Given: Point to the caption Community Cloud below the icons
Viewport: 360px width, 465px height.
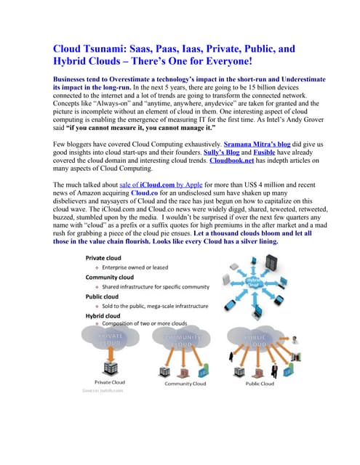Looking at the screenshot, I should click(185, 383).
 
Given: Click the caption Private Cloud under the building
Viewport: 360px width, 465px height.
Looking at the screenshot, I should click(109, 382).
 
